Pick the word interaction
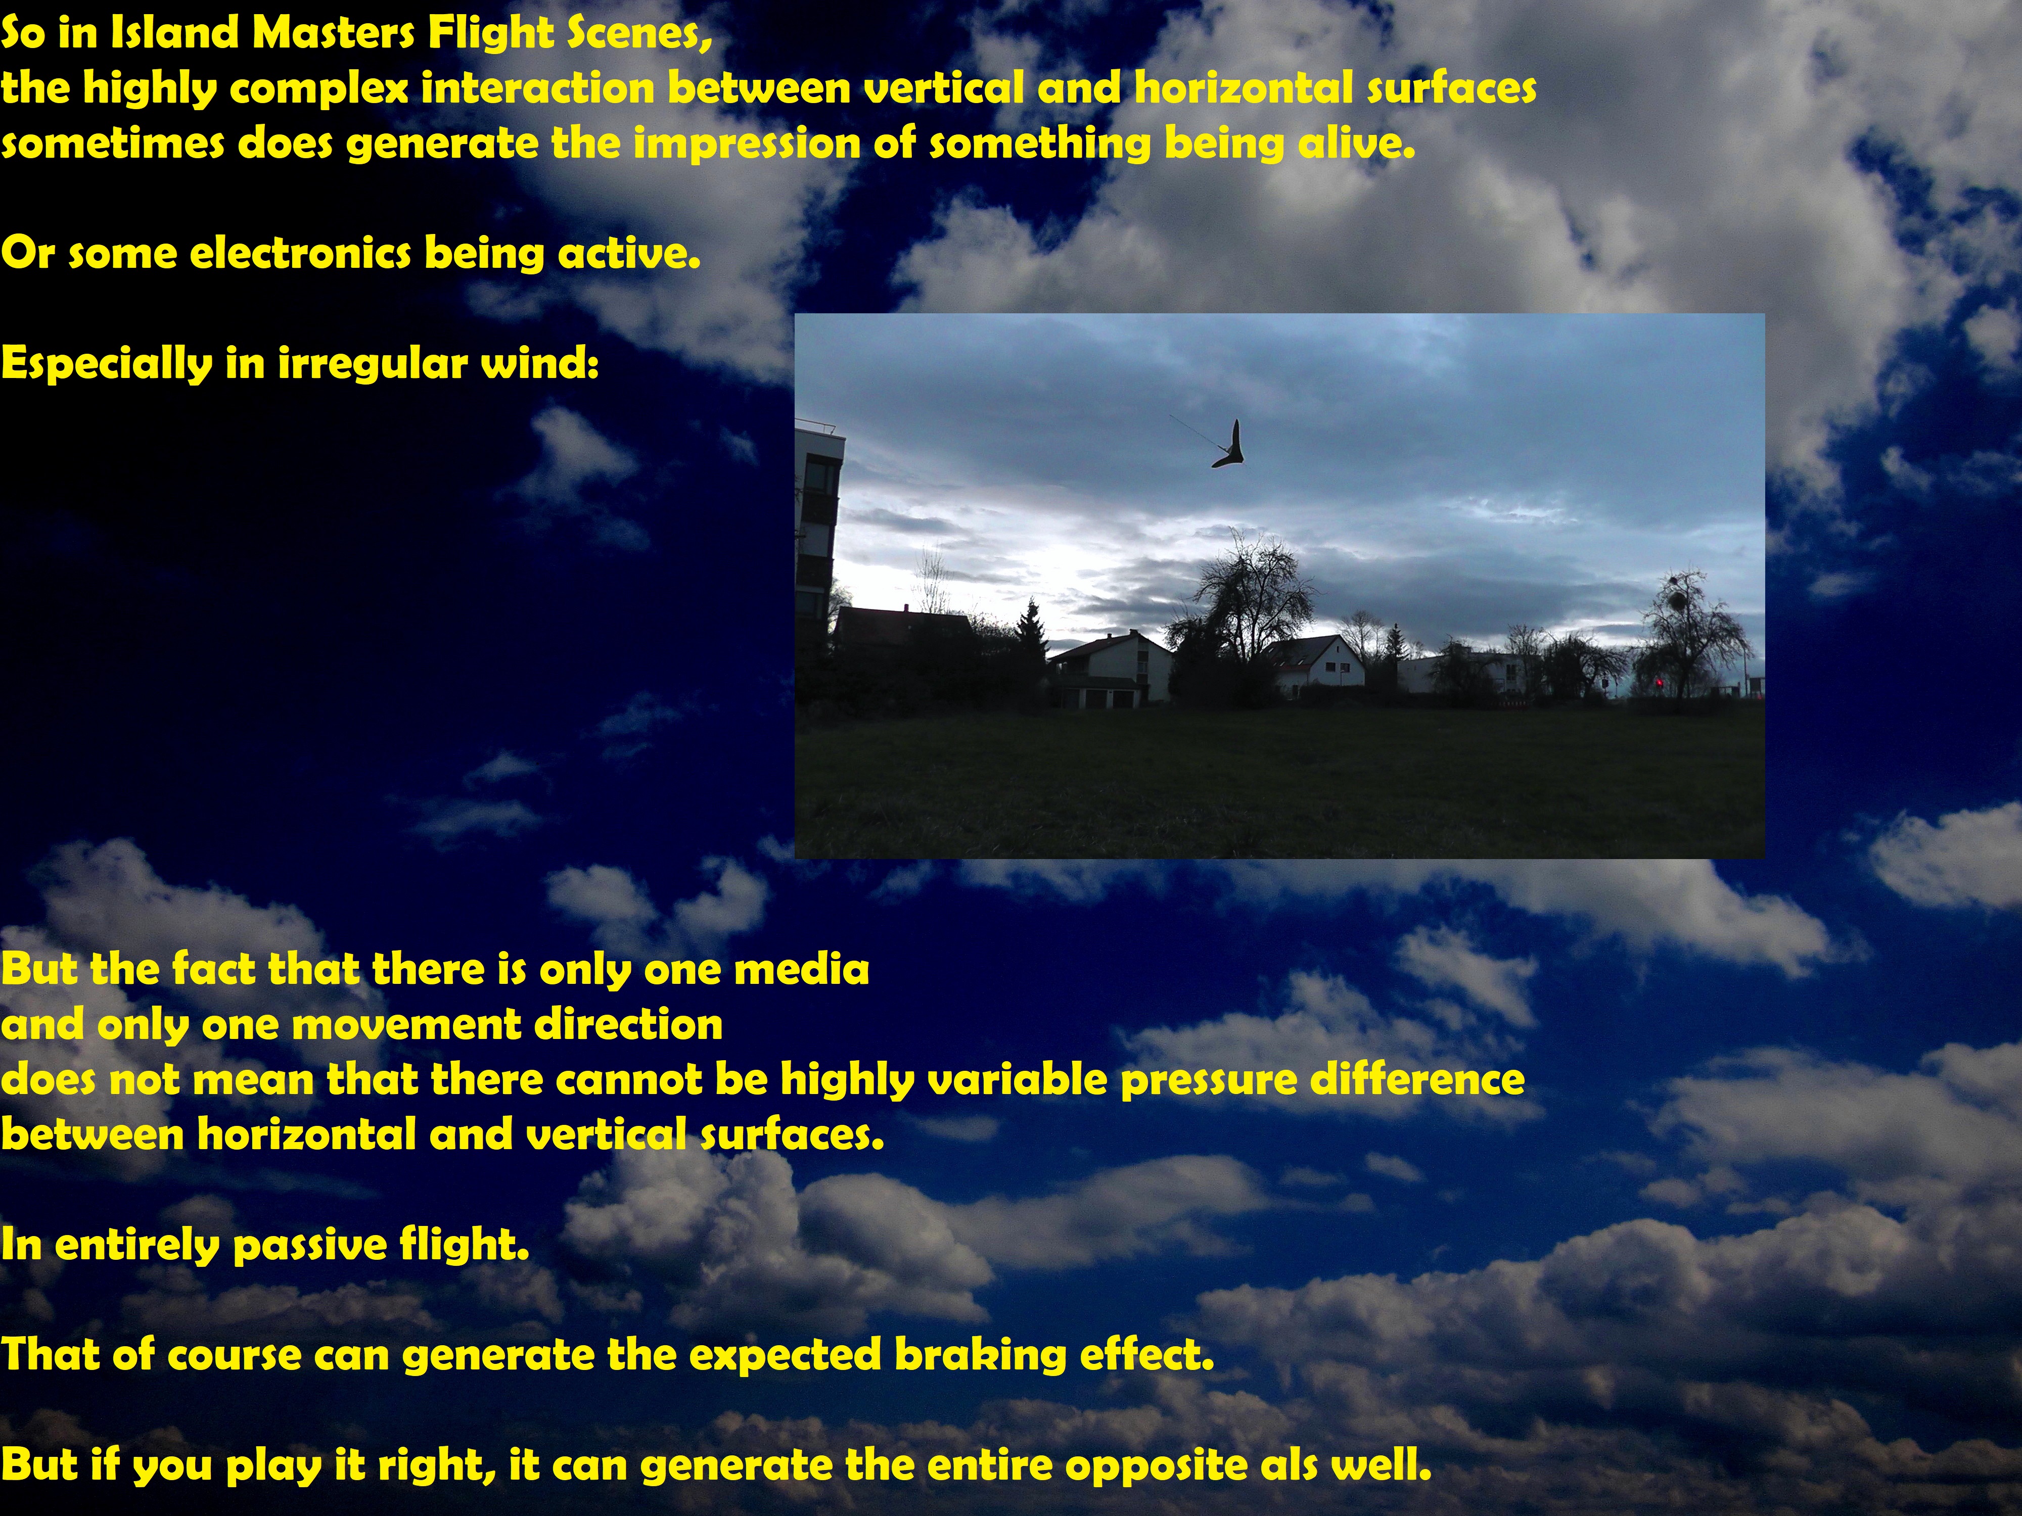tap(538, 88)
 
